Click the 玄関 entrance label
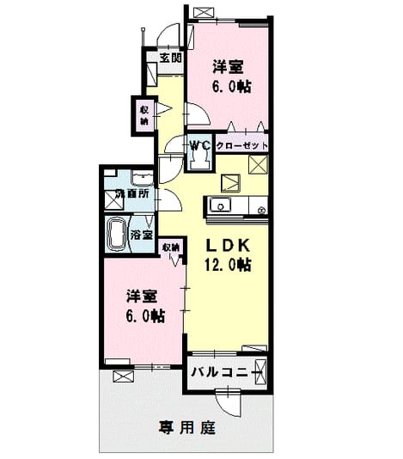[x=171, y=58]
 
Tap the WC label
[x=200, y=145]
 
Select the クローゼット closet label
[x=241, y=145]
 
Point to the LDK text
[x=229, y=245]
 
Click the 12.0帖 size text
[x=228, y=265]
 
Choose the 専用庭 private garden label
[x=187, y=428]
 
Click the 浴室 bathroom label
[x=142, y=235]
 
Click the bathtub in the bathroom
[x=118, y=234]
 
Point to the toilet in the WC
[x=200, y=161]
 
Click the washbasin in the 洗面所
[x=143, y=178]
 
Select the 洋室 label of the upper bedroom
[x=228, y=67]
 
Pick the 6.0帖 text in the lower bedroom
[x=145, y=316]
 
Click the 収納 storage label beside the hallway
[x=143, y=115]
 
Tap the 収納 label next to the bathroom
[x=171, y=248]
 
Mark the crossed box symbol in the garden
[x=123, y=376]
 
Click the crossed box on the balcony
[x=260, y=372]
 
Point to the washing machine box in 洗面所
[x=114, y=200]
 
